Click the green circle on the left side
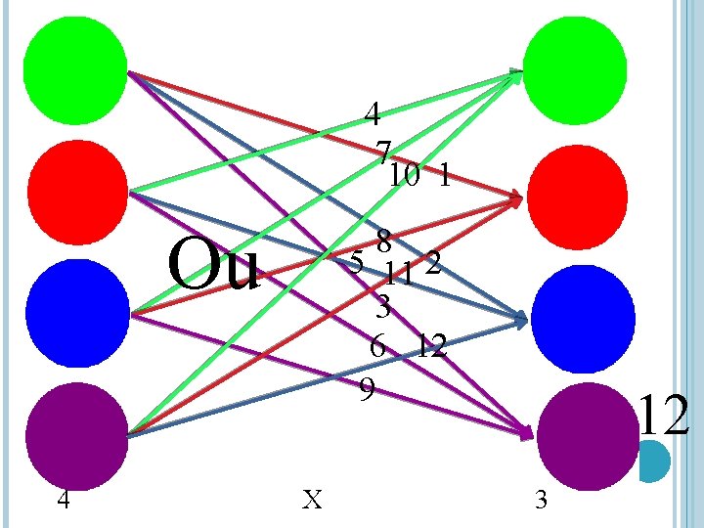click(x=77, y=65)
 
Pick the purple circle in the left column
click(x=77, y=431)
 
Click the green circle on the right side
click(x=575, y=65)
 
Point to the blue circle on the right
click(x=577, y=313)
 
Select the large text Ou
click(x=213, y=266)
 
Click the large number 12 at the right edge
click(x=664, y=415)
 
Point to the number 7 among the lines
click(x=382, y=151)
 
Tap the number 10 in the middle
click(x=404, y=176)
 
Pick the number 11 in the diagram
click(x=397, y=272)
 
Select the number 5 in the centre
click(x=357, y=262)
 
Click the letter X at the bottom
click(x=312, y=501)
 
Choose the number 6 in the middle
click(x=378, y=345)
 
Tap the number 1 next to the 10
click(x=445, y=176)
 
